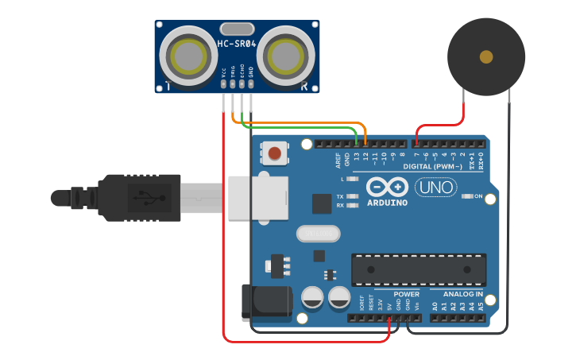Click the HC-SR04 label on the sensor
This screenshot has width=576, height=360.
[237, 43]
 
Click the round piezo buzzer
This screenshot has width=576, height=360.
[485, 57]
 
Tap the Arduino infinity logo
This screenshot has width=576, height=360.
[387, 188]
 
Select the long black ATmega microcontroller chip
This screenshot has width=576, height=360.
[419, 269]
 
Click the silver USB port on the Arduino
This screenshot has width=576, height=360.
[257, 197]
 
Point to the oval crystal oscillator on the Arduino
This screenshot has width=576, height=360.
[318, 234]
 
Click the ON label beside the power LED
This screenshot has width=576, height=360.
[479, 195]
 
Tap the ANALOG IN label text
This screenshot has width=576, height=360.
[463, 294]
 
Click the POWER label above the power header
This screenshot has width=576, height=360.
[406, 294]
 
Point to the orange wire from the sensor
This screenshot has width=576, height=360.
[302, 123]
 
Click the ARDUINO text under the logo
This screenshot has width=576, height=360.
[387, 203]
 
